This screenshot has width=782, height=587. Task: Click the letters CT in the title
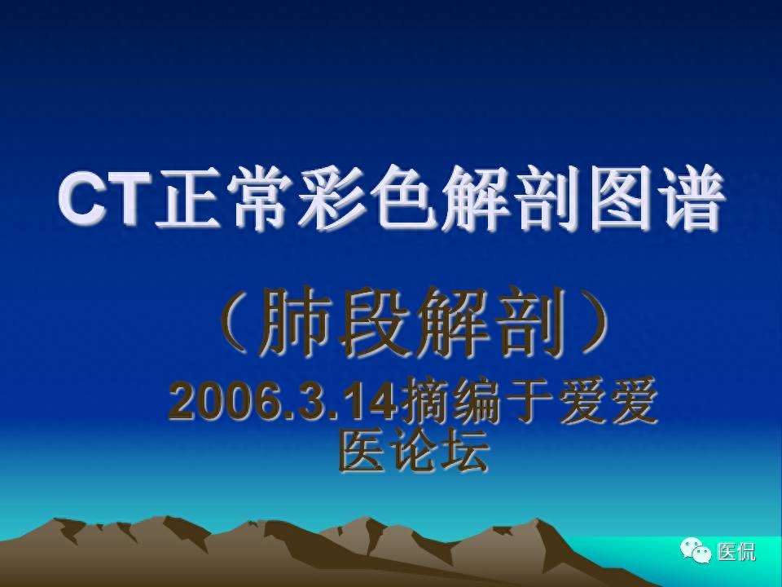104,197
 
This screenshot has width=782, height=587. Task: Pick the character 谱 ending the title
692,197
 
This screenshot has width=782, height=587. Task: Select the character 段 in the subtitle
375,322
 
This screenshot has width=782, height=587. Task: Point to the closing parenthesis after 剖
592,321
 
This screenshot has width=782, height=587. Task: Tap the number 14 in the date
372,401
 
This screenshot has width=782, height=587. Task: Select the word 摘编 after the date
449,401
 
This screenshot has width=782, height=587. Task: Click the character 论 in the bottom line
414,451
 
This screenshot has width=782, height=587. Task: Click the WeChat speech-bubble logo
696,550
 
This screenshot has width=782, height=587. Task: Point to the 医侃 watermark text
736,552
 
